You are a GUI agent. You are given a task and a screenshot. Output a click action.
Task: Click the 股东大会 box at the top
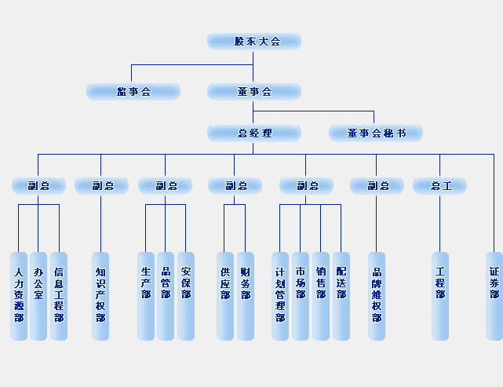[x=254, y=42]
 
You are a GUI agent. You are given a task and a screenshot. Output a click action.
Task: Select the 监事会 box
[x=133, y=92]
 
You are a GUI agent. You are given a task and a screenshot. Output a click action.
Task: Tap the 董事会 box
[x=254, y=92]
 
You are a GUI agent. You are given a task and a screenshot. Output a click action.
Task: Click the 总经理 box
[x=254, y=133]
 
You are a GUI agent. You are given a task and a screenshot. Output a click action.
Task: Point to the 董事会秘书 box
[x=376, y=133]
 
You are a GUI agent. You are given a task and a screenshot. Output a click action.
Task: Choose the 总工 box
[x=440, y=186]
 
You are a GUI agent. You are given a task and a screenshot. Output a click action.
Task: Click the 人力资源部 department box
[x=19, y=296]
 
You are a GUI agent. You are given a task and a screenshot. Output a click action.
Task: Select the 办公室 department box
[x=38, y=296]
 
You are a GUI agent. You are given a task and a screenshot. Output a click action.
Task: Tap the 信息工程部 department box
[x=59, y=296]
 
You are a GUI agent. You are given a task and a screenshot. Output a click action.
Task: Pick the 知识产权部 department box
[x=100, y=296]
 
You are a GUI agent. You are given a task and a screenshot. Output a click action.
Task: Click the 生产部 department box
[x=146, y=296]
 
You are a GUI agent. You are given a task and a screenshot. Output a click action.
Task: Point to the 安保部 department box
[x=186, y=296]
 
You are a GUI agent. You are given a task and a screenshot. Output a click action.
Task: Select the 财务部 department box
[x=246, y=296]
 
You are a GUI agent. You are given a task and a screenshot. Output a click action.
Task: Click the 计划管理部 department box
[x=280, y=296]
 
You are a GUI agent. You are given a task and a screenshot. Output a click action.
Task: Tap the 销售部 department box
[x=321, y=296]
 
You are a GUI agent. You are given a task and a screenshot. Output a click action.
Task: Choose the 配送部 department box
[x=341, y=296]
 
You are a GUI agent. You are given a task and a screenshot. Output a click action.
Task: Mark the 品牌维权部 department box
[x=377, y=296]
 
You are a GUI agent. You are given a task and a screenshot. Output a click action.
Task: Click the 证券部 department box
[x=494, y=296]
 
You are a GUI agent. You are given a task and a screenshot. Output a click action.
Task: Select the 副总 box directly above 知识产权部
[x=101, y=186]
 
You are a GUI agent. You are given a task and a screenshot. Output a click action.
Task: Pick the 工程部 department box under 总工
[x=440, y=296]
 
